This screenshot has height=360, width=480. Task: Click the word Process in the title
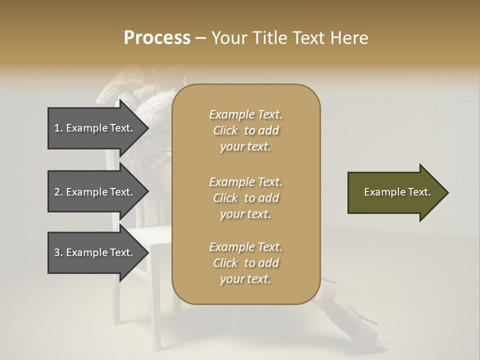click(x=157, y=38)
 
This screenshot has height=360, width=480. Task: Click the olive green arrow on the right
click(x=397, y=192)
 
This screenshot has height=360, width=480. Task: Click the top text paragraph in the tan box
click(x=245, y=130)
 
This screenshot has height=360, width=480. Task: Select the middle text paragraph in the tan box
click(x=245, y=198)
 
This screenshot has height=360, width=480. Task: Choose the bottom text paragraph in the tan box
click(x=245, y=263)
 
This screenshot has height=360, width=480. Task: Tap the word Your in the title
click(x=228, y=38)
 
